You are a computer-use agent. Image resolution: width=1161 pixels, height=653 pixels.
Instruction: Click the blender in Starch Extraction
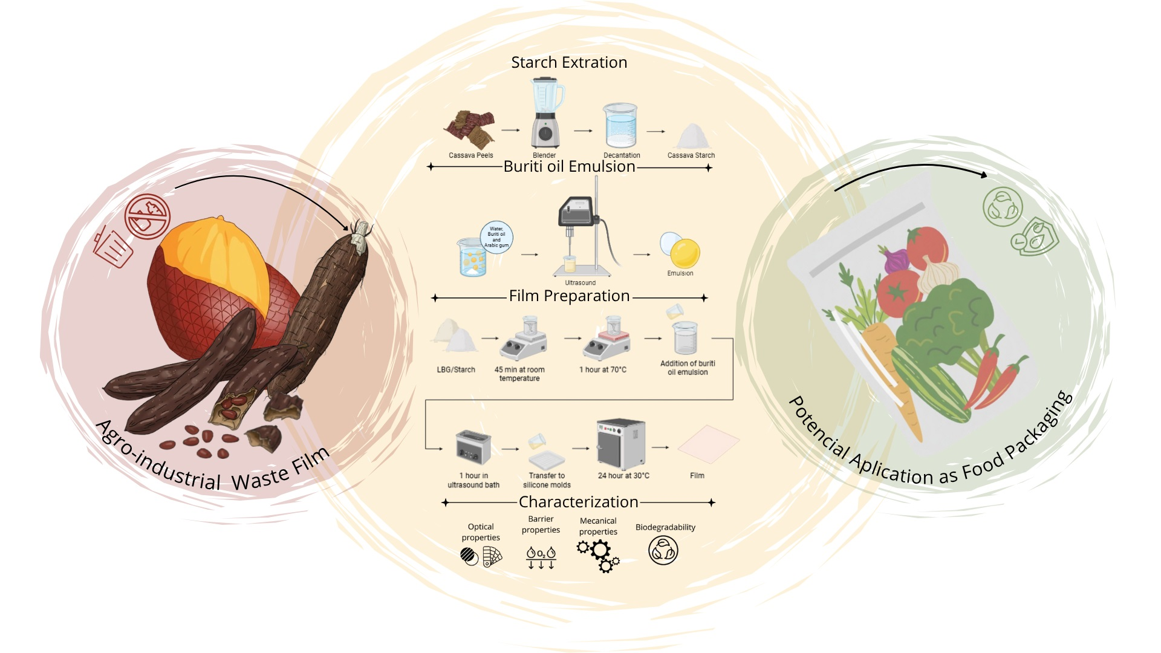[546, 113]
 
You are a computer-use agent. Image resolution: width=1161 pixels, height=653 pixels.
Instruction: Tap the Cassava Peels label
[470, 155]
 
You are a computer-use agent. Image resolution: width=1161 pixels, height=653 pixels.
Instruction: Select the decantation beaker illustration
[620, 125]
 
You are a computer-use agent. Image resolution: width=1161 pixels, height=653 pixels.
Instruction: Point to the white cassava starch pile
[692, 137]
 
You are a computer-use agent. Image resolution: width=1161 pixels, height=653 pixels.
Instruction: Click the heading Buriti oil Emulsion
[569, 166]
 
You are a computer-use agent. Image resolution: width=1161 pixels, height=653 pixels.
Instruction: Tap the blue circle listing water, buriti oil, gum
[496, 237]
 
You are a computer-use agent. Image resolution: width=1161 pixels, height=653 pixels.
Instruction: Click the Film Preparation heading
[569, 296]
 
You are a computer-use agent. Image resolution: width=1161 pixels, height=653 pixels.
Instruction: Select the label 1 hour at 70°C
[603, 369]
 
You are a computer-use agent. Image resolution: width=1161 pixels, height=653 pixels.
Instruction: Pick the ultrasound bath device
[473, 447]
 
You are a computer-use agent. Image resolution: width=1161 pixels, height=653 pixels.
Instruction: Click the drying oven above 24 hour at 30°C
[620, 444]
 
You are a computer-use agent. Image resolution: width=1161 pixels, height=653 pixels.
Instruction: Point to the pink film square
[708, 446]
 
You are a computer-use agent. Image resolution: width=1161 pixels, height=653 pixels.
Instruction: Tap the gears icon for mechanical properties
[599, 554]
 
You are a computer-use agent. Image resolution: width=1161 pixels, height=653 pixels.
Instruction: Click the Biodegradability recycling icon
[663, 551]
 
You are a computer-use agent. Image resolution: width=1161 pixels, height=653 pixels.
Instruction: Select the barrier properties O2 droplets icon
[541, 557]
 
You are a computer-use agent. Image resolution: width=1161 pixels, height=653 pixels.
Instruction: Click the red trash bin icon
[113, 246]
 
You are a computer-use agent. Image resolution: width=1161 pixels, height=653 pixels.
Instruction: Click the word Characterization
[578, 502]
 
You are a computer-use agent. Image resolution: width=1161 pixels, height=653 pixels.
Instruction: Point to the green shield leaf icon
[1035, 237]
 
